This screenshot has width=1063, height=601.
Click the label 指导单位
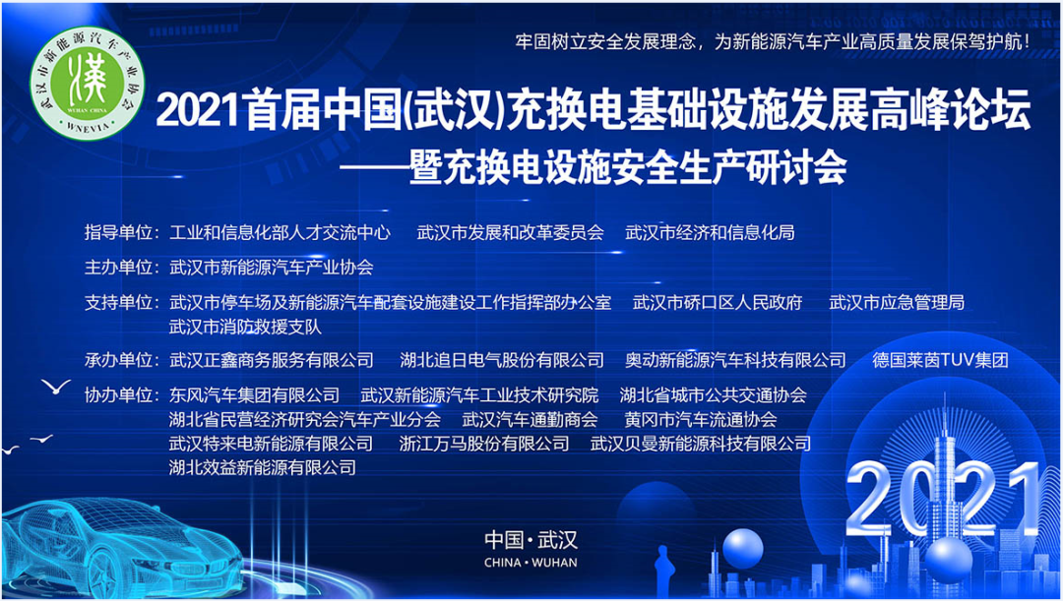click(x=118, y=232)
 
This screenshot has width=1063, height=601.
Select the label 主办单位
click(x=118, y=268)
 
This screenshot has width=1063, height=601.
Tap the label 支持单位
click(x=118, y=302)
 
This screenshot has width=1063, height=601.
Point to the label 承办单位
click(x=118, y=360)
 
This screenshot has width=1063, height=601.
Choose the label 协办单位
click(x=118, y=394)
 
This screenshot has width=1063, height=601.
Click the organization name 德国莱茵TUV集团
click(x=940, y=360)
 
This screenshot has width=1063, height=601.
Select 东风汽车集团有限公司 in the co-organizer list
click(x=254, y=394)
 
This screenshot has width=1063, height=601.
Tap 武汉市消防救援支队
click(x=245, y=328)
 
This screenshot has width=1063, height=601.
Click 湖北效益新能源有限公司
click(x=263, y=467)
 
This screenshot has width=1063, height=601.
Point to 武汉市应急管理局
click(x=897, y=302)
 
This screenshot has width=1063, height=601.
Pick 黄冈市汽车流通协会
click(x=701, y=419)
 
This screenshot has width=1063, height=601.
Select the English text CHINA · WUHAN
click(x=531, y=563)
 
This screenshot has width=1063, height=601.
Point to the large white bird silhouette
click(x=56, y=387)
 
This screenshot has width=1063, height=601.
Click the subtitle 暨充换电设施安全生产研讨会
click(x=628, y=169)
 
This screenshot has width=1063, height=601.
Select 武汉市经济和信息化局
click(x=710, y=232)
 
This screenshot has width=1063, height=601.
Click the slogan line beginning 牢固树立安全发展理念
click(x=774, y=40)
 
